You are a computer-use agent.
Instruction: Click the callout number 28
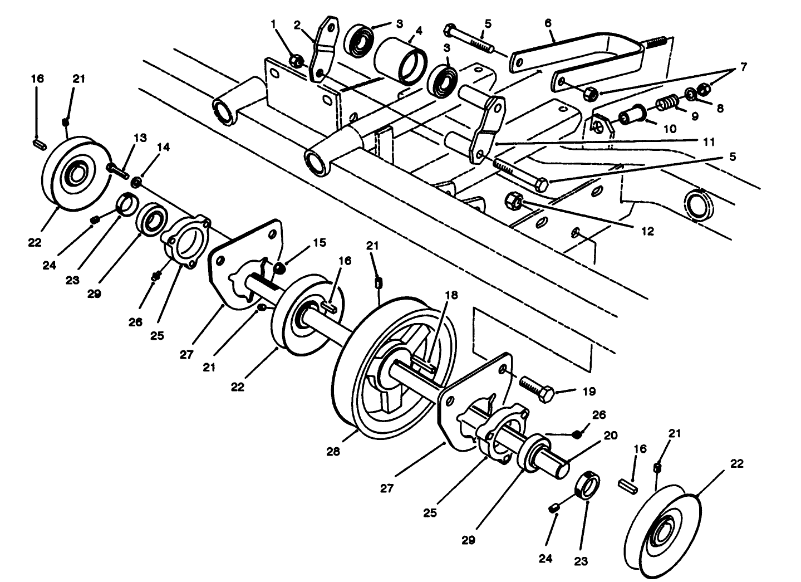pyautogui.click(x=333, y=452)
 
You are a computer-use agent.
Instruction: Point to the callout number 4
pyautogui.click(x=419, y=30)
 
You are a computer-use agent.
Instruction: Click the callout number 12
pyautogui.click(x=647, y=231)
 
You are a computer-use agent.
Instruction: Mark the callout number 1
pyautogui.click(x=274, y=24)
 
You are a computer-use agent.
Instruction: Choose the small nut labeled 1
pyautogui.click(x=297, y=61)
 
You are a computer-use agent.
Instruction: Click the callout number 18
pyautogui.click(x=450, y=295)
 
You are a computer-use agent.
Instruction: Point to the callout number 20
pyautogui.click(x=611, y=436)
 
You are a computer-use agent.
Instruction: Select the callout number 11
pyautogui.click(x=708, y=142)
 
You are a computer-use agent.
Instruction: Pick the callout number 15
pyautogui.click(x=320, y=243)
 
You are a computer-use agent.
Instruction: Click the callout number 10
pyautogui.click(x=670, y=129)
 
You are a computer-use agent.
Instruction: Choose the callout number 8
pyautogui.click(x=720, y=109)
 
